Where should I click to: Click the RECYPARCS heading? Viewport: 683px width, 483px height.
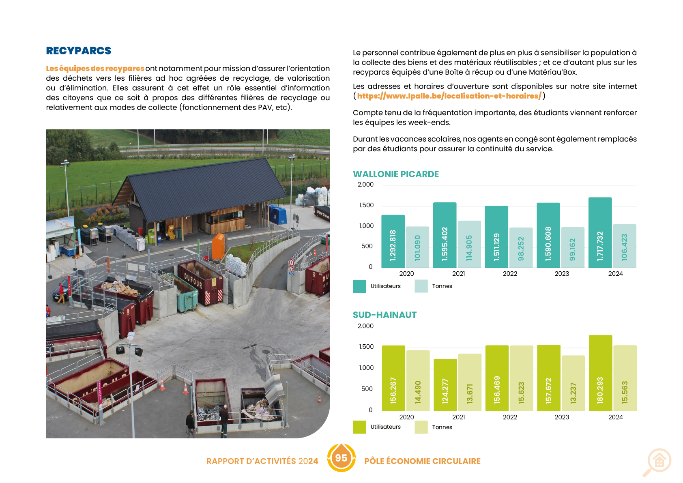pos(78,51)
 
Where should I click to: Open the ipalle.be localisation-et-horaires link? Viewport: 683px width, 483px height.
pos(449,96)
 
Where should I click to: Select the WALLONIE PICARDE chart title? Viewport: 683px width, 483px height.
pos(395,174)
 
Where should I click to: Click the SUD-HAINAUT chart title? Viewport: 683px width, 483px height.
pos(384,315)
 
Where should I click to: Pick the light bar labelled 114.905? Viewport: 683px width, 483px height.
pos(469,244)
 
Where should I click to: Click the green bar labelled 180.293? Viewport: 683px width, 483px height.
pos(600,373)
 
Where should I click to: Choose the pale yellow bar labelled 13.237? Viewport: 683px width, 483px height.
pos(573,383)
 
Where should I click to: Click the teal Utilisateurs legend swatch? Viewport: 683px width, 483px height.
pos(359,286)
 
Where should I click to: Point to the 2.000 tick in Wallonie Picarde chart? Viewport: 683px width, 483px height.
pos(365,185)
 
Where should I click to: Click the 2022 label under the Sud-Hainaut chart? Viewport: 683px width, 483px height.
pos(510,417)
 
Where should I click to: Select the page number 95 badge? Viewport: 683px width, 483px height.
pos(341,458)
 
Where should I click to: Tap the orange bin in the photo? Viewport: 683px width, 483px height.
pos(218,246)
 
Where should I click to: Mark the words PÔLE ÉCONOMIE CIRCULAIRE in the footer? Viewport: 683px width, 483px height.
pos(422,461)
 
